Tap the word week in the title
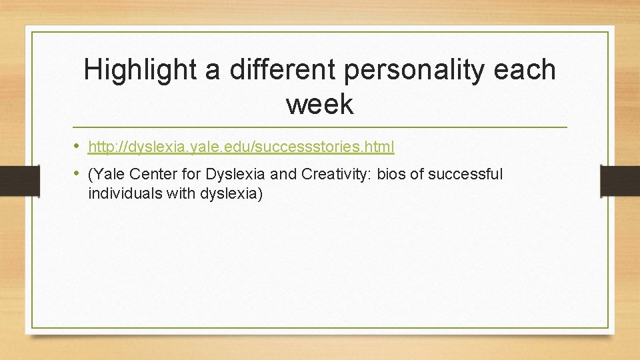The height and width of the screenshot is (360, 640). [x=319, y=104]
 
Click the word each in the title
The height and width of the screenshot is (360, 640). [x=527, y=70]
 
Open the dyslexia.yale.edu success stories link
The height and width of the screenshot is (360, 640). [x=241, y=146]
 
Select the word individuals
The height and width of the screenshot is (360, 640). [x=119, y=194]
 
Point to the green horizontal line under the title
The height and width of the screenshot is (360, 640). [x=319, y=127]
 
